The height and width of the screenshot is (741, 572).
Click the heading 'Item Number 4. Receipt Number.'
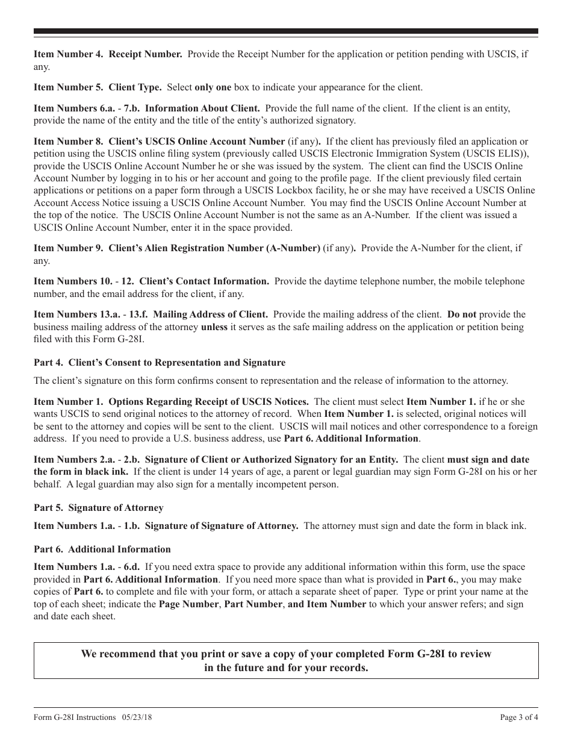point(108,54)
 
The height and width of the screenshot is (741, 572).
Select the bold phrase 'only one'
point(213,87)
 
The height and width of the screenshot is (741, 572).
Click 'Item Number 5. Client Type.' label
point(98,87)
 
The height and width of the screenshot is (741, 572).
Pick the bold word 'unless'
point(214,327)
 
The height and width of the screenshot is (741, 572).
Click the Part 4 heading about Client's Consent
point(160,363)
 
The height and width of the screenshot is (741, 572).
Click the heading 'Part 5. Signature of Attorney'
point(98,508)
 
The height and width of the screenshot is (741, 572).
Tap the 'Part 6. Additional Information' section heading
point(102,549)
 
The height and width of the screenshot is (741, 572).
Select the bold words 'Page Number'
point(188,604)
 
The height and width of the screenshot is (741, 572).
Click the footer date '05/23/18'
point(137,718)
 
